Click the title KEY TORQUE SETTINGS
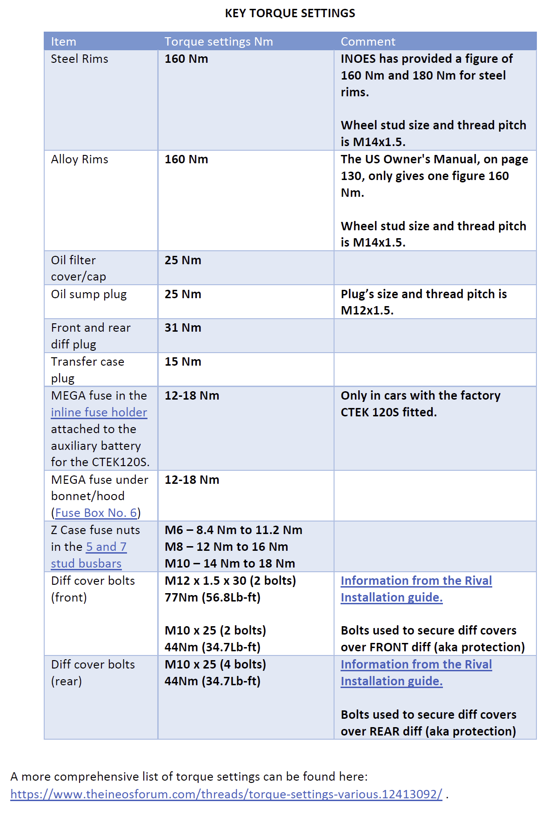point(290,13)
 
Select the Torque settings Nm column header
point(219,42)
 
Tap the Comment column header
point(368,42)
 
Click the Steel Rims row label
point(80,59)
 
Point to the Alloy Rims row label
point(80,160)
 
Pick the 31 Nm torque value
point(183,328)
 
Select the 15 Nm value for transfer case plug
point(183,362)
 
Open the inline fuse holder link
point(99,413)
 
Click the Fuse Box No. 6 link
point(96,513)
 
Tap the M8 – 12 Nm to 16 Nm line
point(226,547)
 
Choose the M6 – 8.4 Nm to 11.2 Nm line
point(233,530)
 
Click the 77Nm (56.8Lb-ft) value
point(212,598)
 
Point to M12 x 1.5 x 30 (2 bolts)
point(230,581)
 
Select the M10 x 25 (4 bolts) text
point(215,665)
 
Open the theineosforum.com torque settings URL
point(226,794)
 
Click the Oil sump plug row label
point(89,294)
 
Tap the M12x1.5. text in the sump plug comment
point(367,311)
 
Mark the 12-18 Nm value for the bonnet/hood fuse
point(192,480)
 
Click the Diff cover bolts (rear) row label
point(93,673)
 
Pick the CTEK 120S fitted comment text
point(388,413)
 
